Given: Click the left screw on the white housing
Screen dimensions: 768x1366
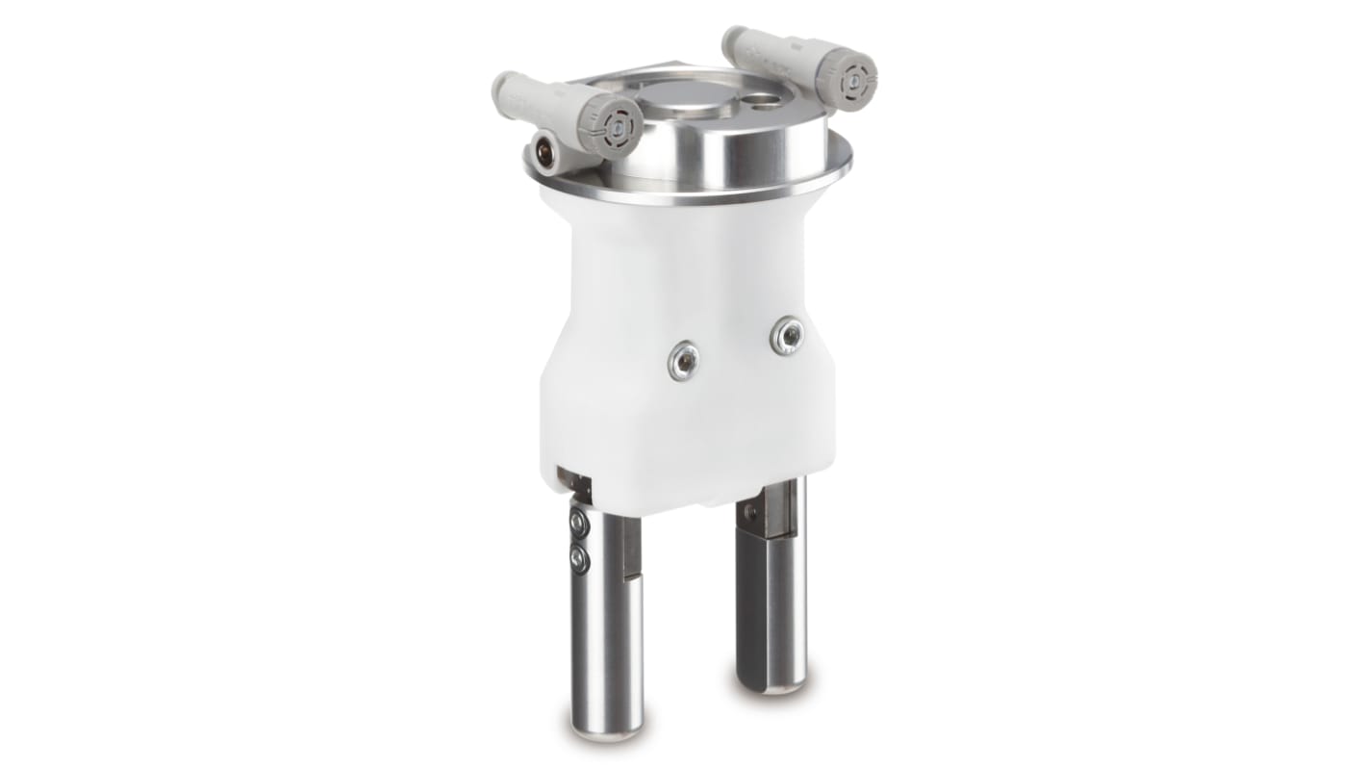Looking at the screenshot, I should [x=683, y=360].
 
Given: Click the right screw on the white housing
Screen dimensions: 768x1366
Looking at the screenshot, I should [x=787, y=335].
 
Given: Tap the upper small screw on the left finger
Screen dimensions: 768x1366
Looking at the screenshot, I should [x=579, y=524].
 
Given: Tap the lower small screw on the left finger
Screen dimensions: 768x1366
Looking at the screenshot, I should [x=579, y=557].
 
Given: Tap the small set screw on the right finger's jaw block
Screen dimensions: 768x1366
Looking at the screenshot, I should [x=750, y=511].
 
